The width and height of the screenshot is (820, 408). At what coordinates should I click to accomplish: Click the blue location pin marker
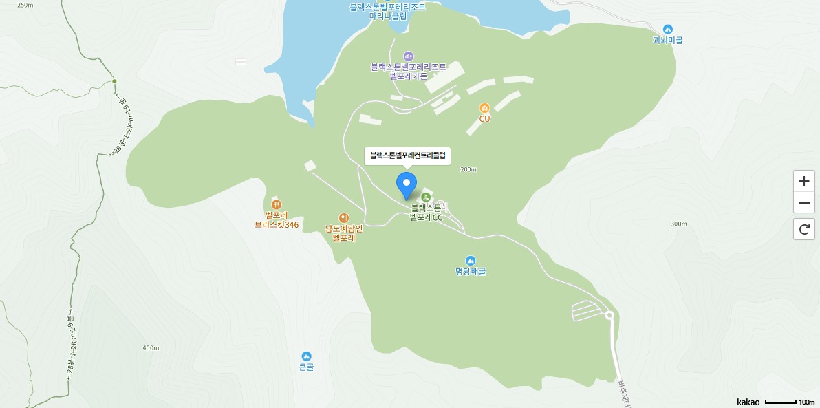click(407, 185)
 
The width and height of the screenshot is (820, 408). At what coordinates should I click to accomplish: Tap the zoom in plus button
click(803, 182)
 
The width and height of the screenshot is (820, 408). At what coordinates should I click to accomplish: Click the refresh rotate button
click(803, 228)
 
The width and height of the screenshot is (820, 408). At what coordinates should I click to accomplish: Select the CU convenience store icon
click(484, 108)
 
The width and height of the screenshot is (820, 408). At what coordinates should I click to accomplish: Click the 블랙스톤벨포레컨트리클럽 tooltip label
click(407, 156)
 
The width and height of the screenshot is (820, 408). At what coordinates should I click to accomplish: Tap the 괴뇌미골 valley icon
click(667, 29)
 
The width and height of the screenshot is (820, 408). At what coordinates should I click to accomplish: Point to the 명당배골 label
click(471, 271)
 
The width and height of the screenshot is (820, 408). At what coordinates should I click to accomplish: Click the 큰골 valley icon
click(306, 356)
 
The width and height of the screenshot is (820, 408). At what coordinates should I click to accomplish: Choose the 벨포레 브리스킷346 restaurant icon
click(276, 204)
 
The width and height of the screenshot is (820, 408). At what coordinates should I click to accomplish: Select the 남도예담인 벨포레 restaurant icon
click(344, 218)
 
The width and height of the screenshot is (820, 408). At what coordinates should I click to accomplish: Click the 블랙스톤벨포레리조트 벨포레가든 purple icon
click(408, 56)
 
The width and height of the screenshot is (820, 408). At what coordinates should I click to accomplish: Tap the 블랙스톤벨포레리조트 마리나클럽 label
click(388, 11)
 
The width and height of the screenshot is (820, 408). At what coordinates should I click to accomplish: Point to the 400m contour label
click(151, 348)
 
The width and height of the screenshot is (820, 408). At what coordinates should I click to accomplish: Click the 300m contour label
click(678, 224)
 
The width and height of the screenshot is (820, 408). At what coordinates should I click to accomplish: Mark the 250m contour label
click(25, 5)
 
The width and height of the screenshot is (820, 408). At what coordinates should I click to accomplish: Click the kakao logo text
click(748, 402)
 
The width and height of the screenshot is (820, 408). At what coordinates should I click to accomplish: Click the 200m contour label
click(468, 169)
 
